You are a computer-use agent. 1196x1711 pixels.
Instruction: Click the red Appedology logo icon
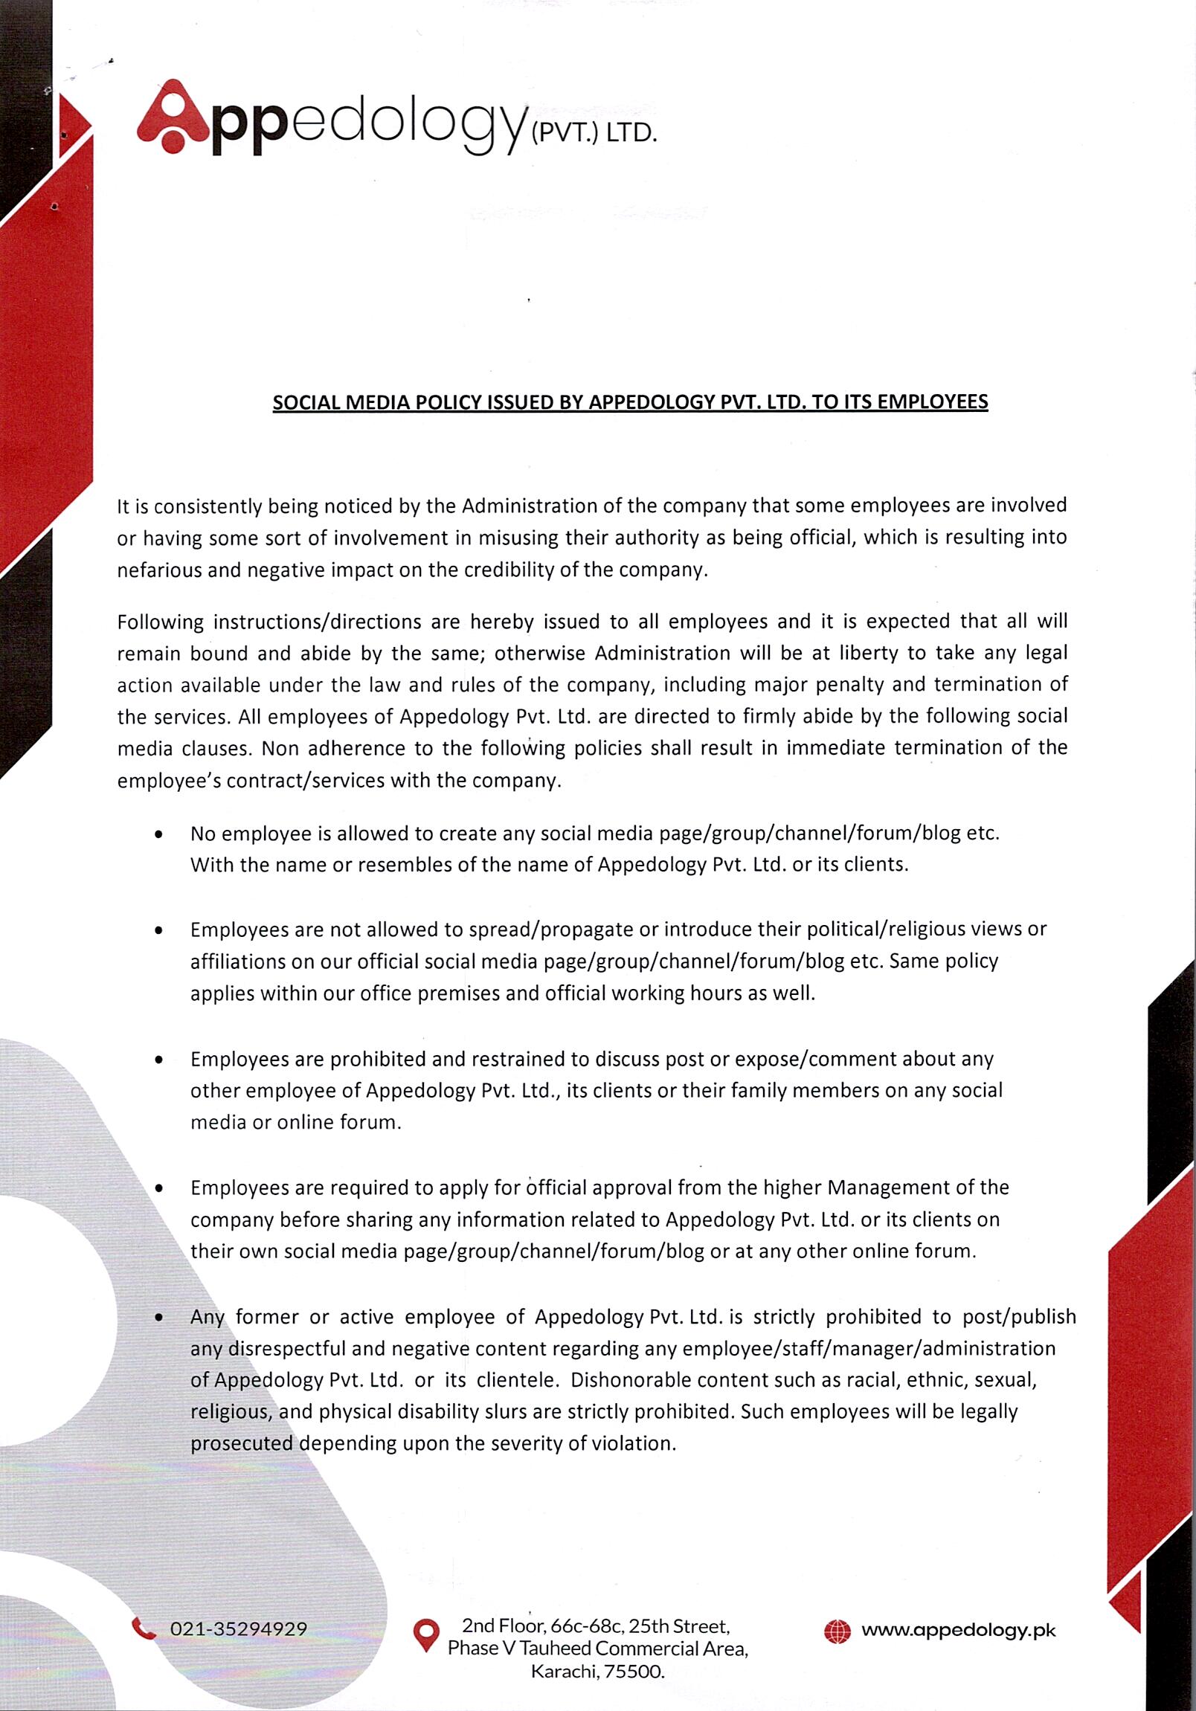tap(173, 117)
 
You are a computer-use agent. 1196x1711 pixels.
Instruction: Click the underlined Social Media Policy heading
tap(630, 402)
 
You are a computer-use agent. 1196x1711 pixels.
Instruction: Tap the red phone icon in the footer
tap(143, 1628)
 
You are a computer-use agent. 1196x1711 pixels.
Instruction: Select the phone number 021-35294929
tap(239, 1629)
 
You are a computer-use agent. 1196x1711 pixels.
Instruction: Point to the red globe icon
tap(837, 1631)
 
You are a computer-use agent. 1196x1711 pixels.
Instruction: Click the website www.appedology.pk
tap(958, 1631)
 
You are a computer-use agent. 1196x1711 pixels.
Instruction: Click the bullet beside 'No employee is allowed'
tap(158, 835)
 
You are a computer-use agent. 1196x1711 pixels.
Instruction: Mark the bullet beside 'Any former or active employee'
tap(158, 1318)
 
